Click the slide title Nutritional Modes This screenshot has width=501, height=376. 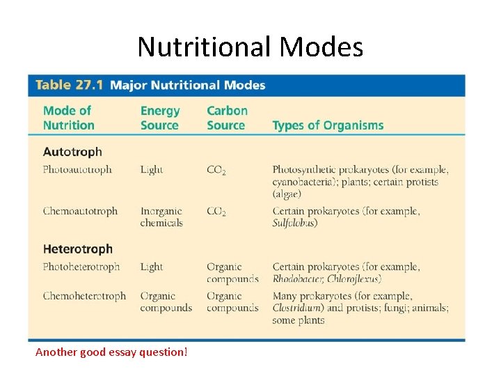coord(250,47)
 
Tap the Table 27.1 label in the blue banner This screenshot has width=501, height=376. coord(69,86)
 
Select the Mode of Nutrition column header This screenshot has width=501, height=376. coord(68,118)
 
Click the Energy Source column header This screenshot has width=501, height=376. coord(159,118)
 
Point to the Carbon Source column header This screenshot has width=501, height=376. coord(227,118)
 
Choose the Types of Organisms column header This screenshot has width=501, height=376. coord(328,125)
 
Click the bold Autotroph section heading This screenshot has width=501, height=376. coord(72,152)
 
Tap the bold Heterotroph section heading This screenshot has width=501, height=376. coord(77,249)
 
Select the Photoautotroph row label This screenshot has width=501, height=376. coord(77,169)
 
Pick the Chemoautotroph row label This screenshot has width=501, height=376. coord(80,211)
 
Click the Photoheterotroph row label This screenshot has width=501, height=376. coord(81,267)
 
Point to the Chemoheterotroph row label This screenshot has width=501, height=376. coord(84,296)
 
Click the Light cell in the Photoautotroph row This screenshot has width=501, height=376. coord(152,169)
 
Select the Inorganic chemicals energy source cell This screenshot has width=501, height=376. coord(161,217)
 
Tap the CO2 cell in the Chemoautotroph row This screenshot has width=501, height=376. coord(216,212)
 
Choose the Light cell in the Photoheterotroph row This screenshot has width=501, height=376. coord(152,267)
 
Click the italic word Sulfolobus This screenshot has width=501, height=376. coord(294,223)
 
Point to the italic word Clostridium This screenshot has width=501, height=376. coord(297,308)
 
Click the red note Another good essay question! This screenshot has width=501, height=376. coord(111,352)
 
